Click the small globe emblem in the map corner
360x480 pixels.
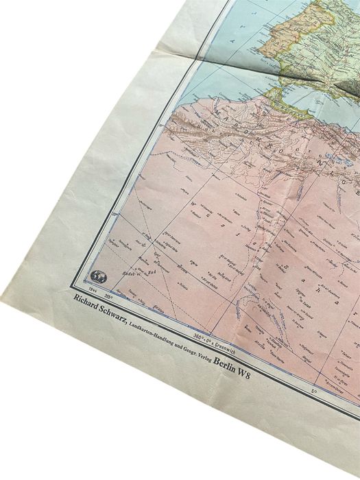(97, 277)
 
